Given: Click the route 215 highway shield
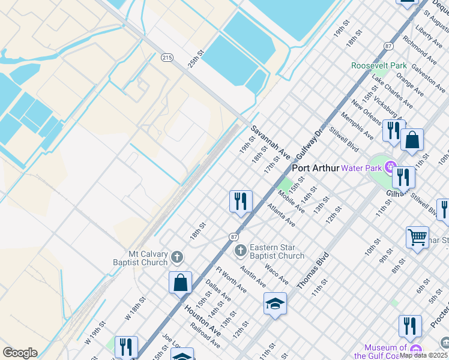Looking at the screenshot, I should point(167,58).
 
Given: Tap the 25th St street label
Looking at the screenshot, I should point(196,59).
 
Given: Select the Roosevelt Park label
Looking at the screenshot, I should point(379,65).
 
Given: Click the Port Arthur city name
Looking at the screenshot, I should point(316,168).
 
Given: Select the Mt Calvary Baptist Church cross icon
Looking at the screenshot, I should point(176,257).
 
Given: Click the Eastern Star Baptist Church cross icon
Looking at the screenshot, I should point(240,250).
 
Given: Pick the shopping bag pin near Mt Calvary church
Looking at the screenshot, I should point(180,282).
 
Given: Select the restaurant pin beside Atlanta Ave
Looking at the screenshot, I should point(241,202).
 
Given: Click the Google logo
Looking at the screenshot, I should point(20,353).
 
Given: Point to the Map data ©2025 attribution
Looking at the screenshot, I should point(424,355).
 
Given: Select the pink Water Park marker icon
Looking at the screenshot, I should point(390,166).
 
